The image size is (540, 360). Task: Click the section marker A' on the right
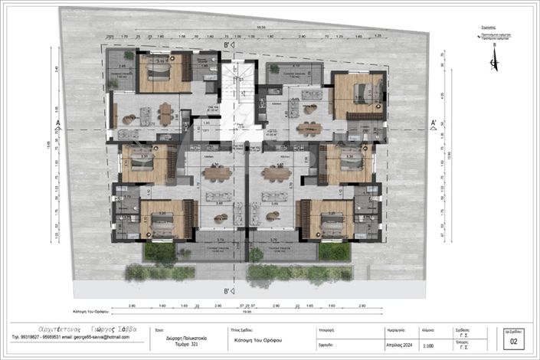434,122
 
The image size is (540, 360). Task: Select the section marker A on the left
58,122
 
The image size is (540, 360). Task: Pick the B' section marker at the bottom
227,291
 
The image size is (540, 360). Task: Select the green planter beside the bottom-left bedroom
159,251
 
